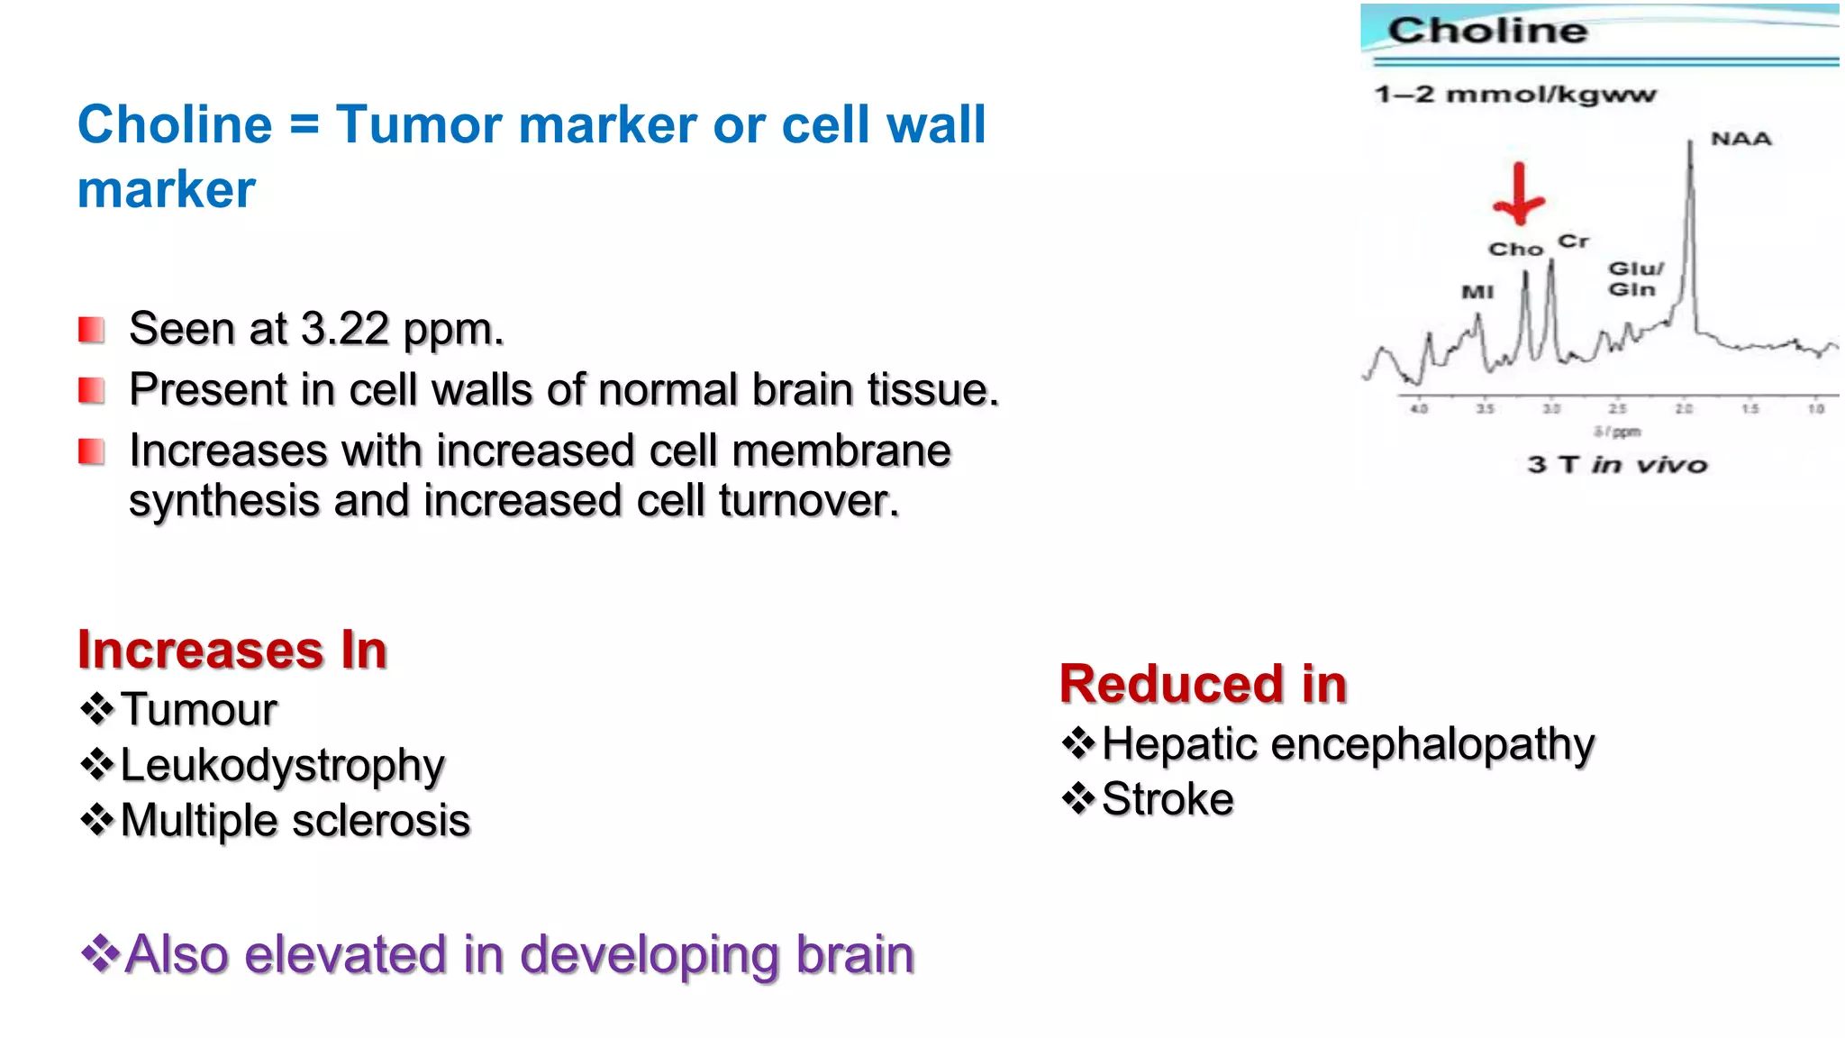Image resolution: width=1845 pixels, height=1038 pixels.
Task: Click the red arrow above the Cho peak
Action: [1519, 195]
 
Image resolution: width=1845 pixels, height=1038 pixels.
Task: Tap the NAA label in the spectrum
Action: [1740, 139]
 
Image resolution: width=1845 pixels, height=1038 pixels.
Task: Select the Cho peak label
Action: [1515, 250]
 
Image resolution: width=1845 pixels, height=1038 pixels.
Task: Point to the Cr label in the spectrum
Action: [1573, 241]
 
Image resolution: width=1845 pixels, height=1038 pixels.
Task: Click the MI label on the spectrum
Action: [1477, 292]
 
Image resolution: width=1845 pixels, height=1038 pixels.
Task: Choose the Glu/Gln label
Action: [1634, 279]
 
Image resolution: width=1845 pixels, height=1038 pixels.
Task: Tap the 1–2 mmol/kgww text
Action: [1514, 95]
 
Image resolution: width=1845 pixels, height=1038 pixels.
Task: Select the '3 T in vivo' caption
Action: [1617, 465]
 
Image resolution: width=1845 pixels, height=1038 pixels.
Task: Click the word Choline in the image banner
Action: [1487, 32]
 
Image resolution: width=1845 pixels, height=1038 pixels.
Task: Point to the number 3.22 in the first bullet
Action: [344, 329]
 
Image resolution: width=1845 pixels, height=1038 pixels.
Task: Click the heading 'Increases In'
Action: [232, 650]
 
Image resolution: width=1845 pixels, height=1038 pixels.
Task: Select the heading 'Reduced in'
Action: [1202, 684]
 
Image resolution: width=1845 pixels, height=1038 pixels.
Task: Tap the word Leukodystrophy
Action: [282, 765]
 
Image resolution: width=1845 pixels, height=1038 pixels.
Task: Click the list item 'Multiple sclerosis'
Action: [295, 821]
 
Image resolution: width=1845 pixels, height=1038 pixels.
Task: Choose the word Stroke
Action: [1168, 799]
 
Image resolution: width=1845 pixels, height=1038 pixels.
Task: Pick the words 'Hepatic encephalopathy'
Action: [1348, 744]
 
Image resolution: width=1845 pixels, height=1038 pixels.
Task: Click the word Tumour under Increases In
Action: [198, 709]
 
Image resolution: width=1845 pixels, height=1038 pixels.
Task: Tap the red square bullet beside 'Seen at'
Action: [91, 330]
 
